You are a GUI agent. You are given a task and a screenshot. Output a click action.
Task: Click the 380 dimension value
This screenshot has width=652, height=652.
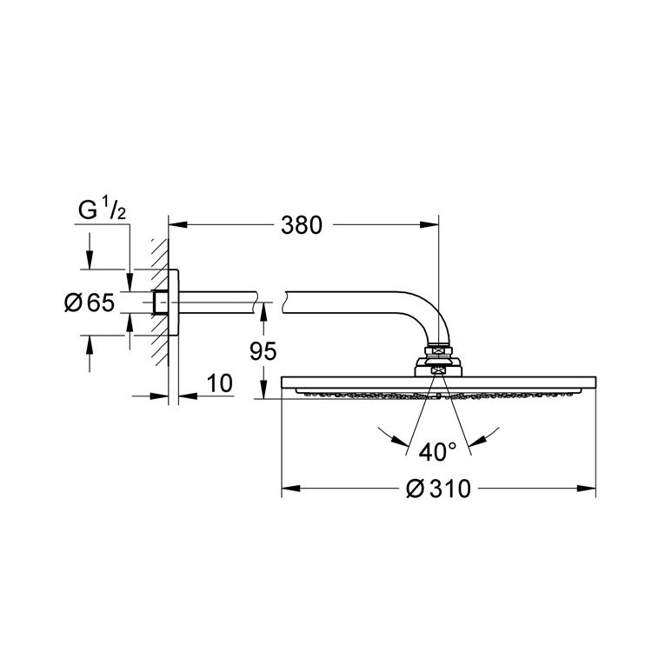click(302, 225)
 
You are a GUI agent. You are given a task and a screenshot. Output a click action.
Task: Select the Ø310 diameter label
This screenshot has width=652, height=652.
click(438, 489)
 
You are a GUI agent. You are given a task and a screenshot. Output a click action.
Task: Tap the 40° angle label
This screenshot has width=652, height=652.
click(437, 452)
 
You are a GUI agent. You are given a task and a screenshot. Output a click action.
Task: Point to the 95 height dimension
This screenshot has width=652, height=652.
click(262, 351)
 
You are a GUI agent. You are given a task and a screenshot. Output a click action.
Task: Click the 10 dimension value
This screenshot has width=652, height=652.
click(221, 384)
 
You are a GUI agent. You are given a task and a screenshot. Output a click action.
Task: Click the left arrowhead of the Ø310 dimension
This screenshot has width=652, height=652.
click(288, 489)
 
